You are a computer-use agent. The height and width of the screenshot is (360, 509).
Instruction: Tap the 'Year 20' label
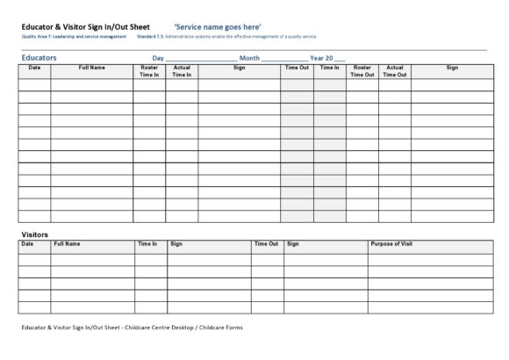[320, 58]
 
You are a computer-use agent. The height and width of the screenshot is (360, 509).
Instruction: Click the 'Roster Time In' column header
[149, 71]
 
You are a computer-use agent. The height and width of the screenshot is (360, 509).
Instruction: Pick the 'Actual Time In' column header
[182, 71]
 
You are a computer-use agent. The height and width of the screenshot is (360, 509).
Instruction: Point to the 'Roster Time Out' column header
[362, 71]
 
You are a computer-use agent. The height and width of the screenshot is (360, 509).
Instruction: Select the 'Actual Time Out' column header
[395, 71]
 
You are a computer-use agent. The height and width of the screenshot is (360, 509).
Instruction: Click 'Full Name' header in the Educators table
[92, 68]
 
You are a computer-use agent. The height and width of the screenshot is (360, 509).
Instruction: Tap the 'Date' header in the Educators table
[34, 68]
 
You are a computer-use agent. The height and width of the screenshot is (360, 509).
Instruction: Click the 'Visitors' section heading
[34, 234]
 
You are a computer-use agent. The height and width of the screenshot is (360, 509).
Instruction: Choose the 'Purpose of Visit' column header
[391, 243]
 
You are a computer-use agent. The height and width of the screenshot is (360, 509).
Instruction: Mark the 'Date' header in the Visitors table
[27, 243]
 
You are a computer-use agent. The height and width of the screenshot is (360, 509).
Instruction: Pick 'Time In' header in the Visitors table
[147, 243]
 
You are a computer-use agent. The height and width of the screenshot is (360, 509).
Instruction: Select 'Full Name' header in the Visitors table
[67, 243]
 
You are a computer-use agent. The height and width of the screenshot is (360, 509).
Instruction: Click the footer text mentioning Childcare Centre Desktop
[132, 327]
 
